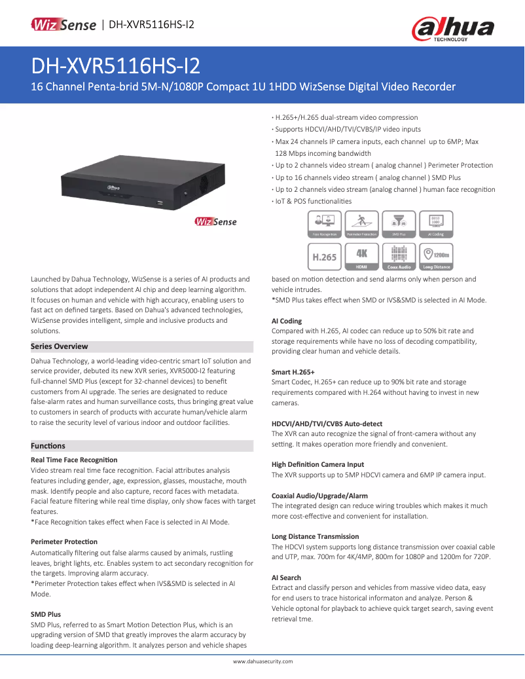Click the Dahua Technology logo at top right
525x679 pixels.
tap(453, 28)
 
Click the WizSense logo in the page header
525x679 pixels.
tap(63, 24)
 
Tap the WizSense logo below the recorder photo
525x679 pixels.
tap(215, 222)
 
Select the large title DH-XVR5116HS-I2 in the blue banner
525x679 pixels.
tap(116, 66)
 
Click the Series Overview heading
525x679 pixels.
tap(60, 346)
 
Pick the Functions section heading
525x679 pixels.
tap(48, 446)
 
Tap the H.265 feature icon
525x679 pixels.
tap(325, 257)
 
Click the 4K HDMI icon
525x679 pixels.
tap(362, 257)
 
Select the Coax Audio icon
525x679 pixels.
tap(399, 257)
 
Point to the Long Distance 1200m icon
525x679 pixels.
tap(436, 257)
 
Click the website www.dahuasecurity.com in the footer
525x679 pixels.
tap(262, 661)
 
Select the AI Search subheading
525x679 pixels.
tap(286, 578)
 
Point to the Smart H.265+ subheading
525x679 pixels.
tap(293, 373)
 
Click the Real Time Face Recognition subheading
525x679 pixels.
tap(74, 460)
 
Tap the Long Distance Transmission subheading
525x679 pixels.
tap(315, 536)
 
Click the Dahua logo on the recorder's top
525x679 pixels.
tap(113, 187)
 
